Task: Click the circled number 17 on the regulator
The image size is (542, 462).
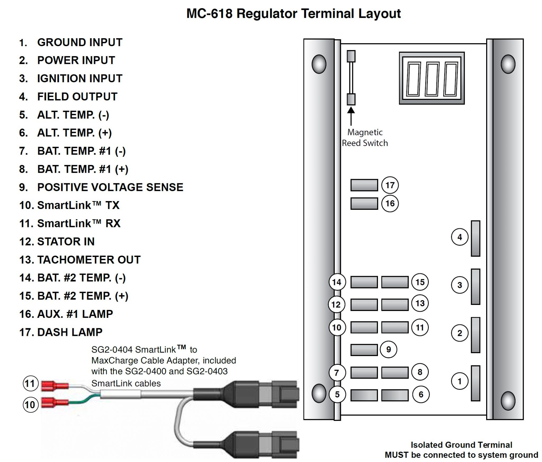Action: pyautogui.click(x=390, y=185)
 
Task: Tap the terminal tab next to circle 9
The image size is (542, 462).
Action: pyautogui.click(x=364, y=350)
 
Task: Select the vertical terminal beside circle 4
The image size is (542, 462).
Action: pyautogui.click(x=475, y=238)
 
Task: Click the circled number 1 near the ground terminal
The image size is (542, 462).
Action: pyautogui.click(x=459, y=381)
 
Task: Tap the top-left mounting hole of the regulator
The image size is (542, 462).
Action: pyautogui.click(x=319, y=64)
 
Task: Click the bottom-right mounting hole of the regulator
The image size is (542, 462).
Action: pyautogui.click(x=508, y=401)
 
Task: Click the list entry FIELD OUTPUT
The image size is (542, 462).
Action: pyautogui.click(x=77, y=97)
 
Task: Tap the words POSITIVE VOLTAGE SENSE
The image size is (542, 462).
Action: pyautogui.click(x=110, y=187)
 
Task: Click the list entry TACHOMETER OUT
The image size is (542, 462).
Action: pyautogui.click(x=89, y=260)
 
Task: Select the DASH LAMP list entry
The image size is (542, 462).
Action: pyautogui.click(x=70, y=332)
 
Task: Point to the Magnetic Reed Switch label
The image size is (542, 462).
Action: pyautogui.click(x=365, y=137)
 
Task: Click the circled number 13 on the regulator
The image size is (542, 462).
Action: pyautogui.click(x=420, y=303)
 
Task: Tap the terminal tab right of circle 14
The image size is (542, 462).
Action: pyautogui.click(x=364, y=282)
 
